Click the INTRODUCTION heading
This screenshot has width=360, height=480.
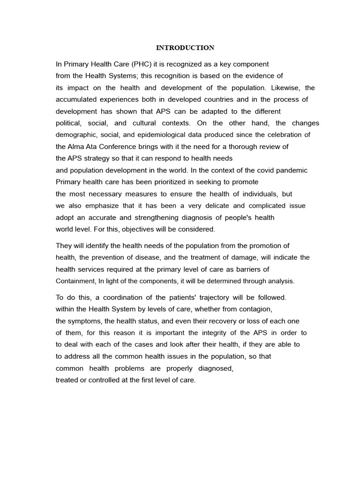185,48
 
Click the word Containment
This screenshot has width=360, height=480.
75,281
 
